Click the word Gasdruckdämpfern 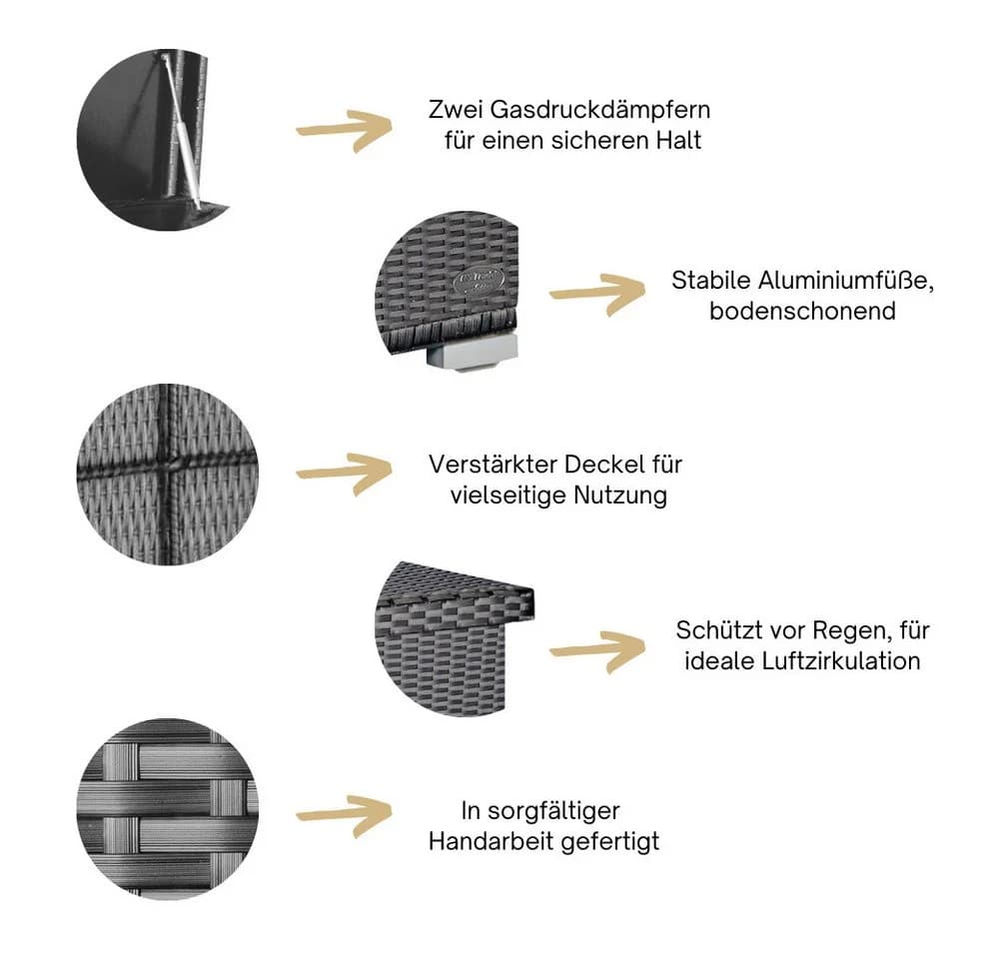coord(600,111)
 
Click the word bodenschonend coord(802,311)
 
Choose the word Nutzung coord(620,495)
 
